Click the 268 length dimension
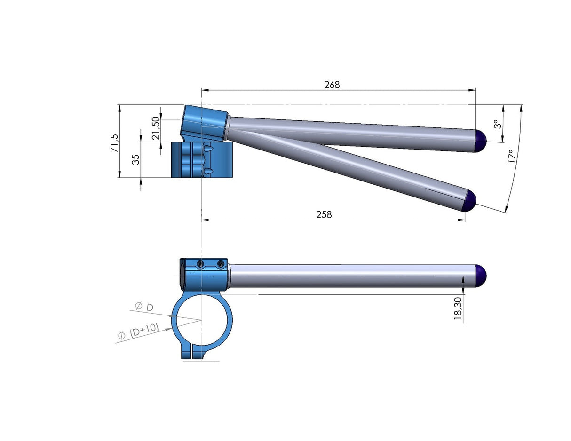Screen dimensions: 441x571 click(332, 85)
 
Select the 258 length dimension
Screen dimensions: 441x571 click(324, 214)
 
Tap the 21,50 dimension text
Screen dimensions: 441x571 click(155, 128)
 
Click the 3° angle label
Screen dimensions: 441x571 click(496, 124)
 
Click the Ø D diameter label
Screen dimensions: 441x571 click(144, 307)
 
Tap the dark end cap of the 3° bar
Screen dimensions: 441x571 click(480, 141)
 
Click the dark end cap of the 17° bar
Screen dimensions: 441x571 click(470, 201)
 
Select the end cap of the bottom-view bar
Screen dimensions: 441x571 click(480, 276)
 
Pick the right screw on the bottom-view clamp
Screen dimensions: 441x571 click(220, 265)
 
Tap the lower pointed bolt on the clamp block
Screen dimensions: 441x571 click(208, 171)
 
